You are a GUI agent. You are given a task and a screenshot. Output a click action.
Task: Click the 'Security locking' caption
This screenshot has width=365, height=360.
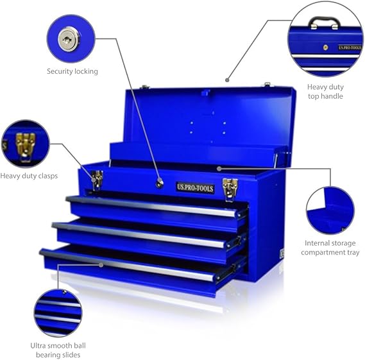click(x=72, y=71)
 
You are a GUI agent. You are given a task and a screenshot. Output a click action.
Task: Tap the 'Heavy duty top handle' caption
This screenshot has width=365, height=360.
click(x=325, y=91)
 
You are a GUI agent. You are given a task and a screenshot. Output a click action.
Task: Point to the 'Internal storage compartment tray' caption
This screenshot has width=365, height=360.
click(x=331, y=248)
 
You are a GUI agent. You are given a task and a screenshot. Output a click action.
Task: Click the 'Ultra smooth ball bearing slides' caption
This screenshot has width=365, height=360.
click(x=58, y=350)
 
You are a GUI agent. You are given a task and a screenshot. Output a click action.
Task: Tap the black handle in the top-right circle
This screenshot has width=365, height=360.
click(x=324, y=22)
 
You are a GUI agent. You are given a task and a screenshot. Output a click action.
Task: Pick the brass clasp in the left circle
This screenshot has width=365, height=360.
click(x=24, y=144)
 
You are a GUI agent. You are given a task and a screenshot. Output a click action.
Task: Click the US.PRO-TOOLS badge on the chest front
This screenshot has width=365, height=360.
click(x=195, y=187)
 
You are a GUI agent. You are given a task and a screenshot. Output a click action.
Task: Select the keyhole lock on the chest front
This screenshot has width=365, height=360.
click(x=158, y=184)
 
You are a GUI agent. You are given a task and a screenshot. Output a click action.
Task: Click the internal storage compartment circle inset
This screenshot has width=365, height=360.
click(x=330, y=210)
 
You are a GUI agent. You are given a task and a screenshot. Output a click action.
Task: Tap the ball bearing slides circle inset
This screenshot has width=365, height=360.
click(x=58, y=312)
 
